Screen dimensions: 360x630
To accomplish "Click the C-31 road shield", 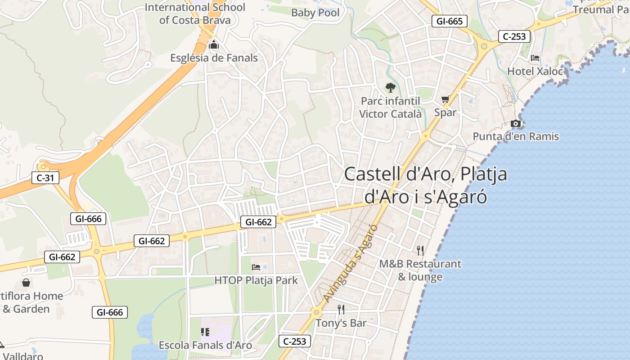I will (x=45, y=178).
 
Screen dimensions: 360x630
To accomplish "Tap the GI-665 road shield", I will (x=449, y=21).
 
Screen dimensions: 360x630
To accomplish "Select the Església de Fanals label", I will (x=214, y=58).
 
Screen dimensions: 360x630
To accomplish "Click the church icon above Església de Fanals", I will (x=214, y=45).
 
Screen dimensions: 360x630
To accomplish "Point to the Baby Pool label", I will (x=315, y=13).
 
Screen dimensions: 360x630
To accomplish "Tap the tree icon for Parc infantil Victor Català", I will (x=390, y=88).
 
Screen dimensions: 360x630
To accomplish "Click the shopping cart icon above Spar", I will (x=445, y=99).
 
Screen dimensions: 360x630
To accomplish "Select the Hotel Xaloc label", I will (x=535, y=71).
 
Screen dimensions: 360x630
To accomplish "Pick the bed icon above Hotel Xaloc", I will (x=535, y=58).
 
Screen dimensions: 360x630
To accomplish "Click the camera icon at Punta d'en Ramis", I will (x=516, y=123).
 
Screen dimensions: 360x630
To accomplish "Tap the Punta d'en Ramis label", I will (x=516, y=136).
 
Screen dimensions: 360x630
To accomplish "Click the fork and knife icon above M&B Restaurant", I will (x=420, y=250).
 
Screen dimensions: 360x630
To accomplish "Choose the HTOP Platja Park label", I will (x=256, y=280).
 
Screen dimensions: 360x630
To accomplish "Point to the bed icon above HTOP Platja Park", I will (x=256, y=267).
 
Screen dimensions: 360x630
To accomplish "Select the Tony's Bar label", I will (x=341, y=323).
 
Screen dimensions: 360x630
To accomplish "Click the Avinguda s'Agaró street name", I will (x=350, y=263).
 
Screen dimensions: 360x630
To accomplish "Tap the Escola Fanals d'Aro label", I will (x=205, y=345).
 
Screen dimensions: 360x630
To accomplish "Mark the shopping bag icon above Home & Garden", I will (x=26, y=283).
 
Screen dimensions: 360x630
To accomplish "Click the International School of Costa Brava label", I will (x=195, y=13).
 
